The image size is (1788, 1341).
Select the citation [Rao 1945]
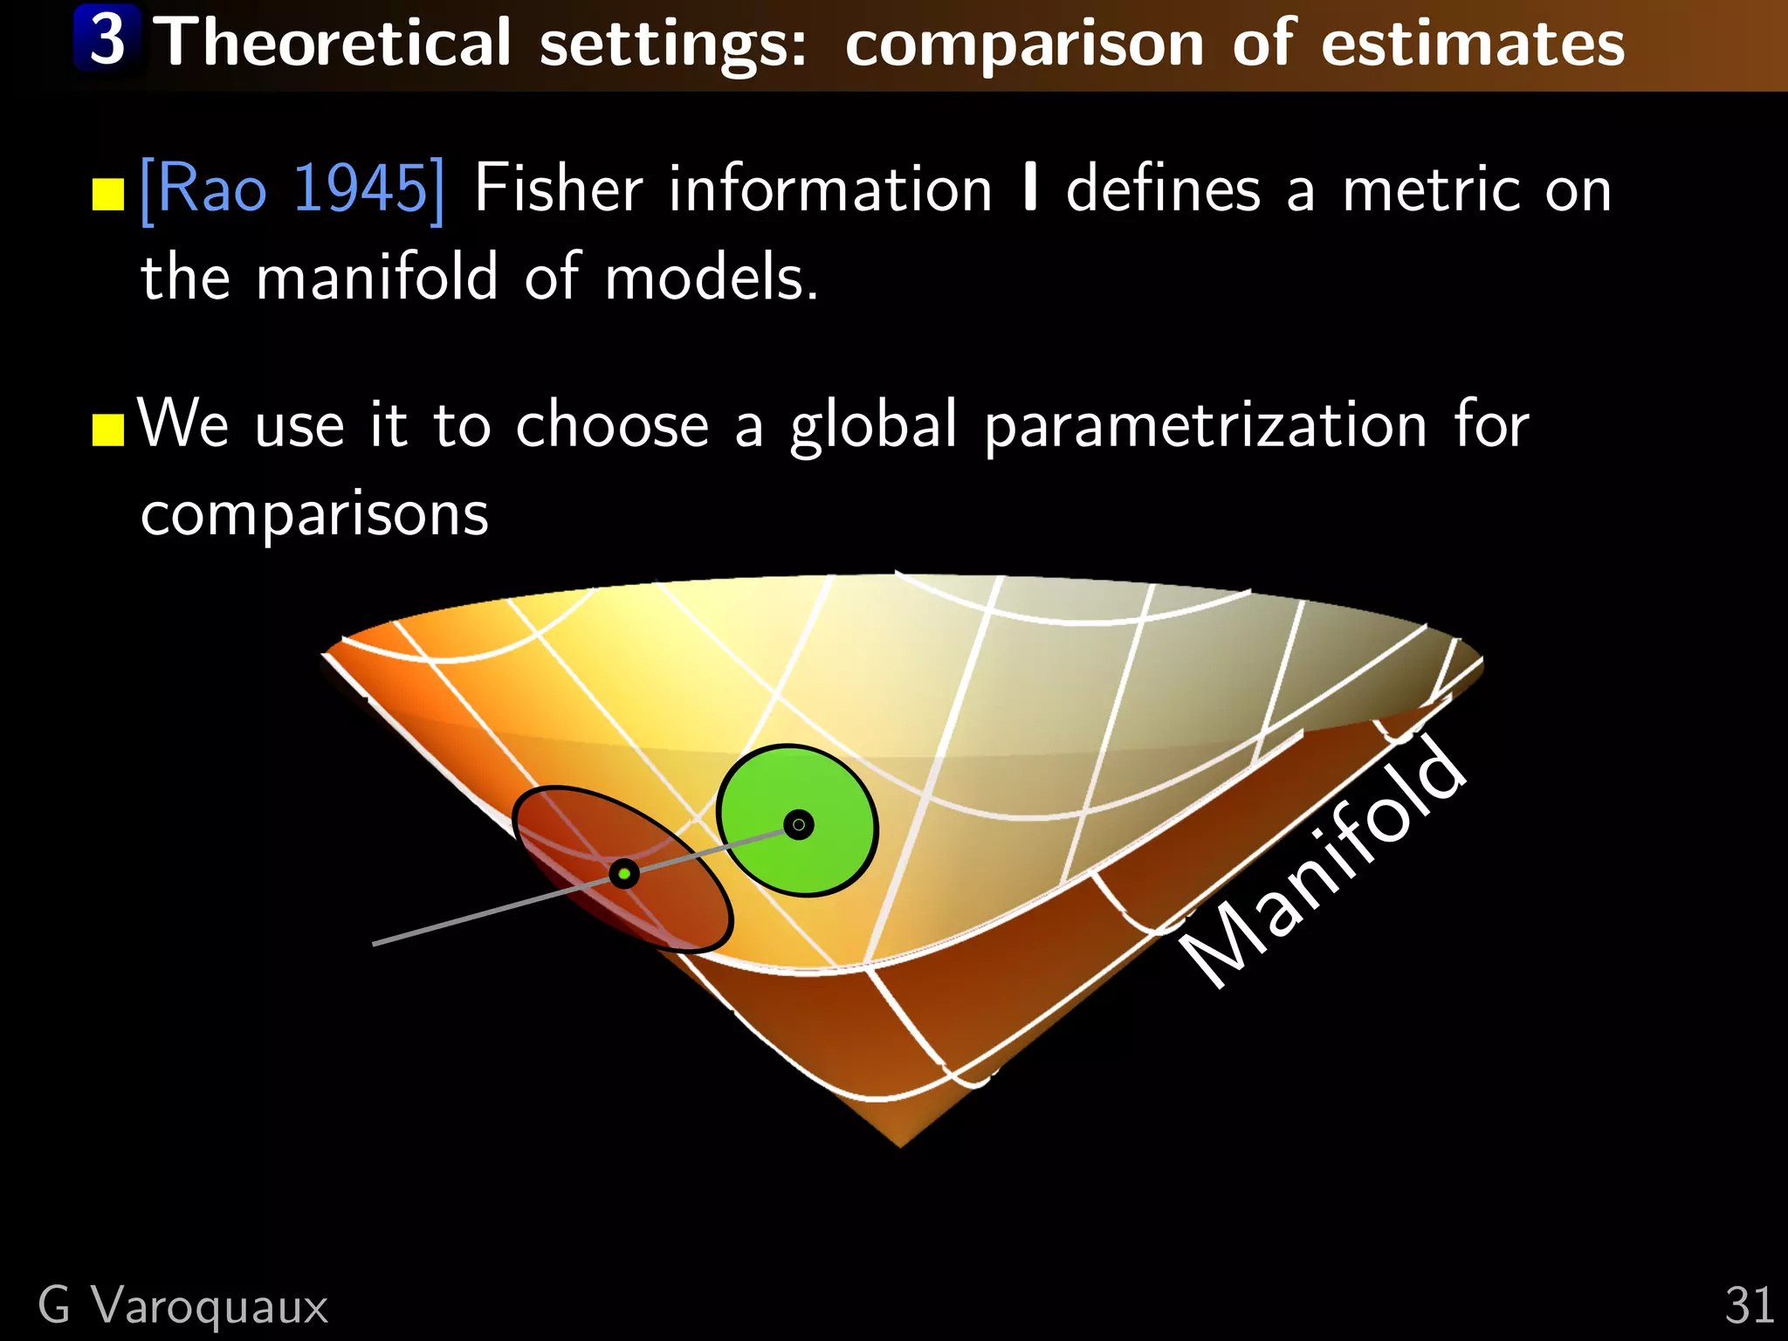[x=292, y=189]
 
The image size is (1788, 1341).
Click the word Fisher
[x=559, y=189]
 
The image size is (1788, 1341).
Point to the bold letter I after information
[x=1030, y=189]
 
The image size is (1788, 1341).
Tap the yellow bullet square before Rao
[x=108, y=196]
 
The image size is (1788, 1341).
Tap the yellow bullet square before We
[x=108, y=430]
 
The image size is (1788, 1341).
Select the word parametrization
[x=1206, y=426]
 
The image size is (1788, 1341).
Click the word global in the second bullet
[x=874, y=426]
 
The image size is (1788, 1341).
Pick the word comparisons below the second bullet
[x=314, y=515]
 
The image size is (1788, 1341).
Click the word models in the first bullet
[x=712, y=278]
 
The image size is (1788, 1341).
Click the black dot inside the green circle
[x=798, y=824]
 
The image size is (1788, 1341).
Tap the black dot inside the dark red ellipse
[x=624, y=873]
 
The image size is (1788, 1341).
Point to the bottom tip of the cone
[x=901, y=1145]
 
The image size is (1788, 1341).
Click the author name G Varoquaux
[x=183, y=1306]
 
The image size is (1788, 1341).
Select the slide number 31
[x=1749, y=1306]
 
